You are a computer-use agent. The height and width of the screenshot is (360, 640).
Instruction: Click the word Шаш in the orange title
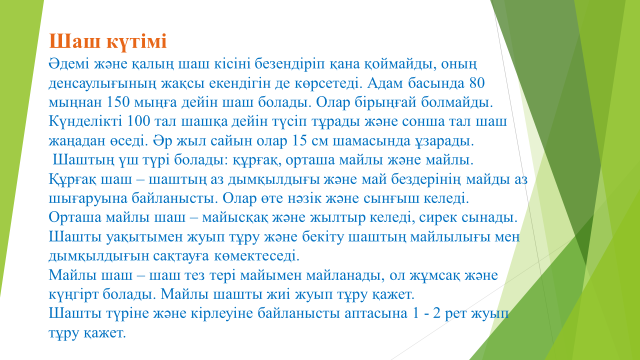70,42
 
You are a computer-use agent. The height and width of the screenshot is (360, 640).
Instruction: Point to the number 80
477,83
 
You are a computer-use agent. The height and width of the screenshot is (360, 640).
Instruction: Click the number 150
118,102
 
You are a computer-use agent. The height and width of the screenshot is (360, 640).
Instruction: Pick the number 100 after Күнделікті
139,122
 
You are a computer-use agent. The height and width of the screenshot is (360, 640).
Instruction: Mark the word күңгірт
73,295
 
